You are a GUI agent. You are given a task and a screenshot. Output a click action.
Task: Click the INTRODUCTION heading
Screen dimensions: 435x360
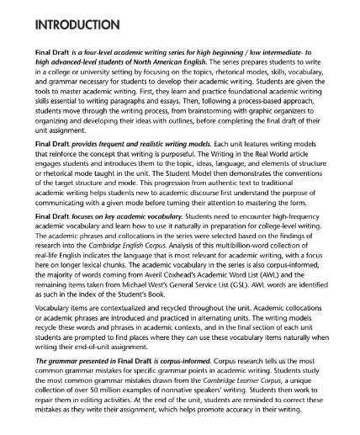click(71, 19)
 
